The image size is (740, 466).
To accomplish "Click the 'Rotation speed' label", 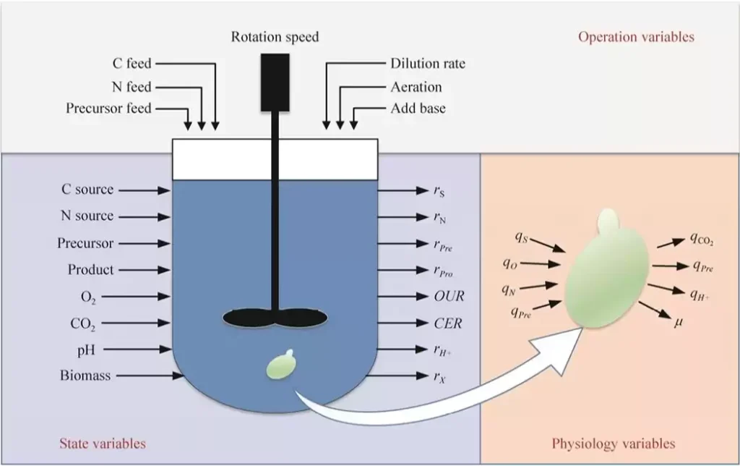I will [275, 37].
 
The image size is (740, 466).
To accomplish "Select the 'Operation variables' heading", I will [636, 37].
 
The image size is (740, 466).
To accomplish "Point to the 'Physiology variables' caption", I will [614, 443].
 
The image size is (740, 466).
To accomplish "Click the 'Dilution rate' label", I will [428, 64].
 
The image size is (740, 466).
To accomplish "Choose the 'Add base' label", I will [418, 109].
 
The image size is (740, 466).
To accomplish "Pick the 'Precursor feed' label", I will [108, 109].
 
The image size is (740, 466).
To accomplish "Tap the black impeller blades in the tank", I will [275, 317].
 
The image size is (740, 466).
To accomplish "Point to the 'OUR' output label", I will [448, 297].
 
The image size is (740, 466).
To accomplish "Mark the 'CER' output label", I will [448, 323].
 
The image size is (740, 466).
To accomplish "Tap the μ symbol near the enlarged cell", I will [679, 321].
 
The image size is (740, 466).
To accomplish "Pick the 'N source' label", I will [87, 216].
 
